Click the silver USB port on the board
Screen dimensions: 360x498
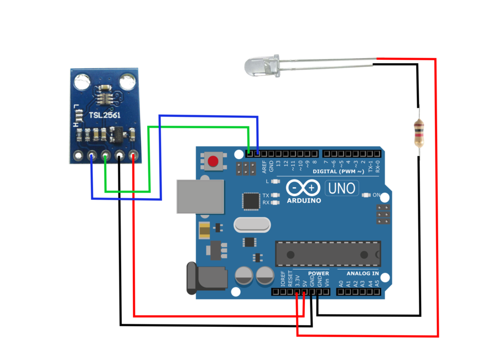pyautogui.click(x=200, y=196)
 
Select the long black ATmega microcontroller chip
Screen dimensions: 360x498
pyautogui.click(x=328, y=254)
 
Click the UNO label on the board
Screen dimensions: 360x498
pyautogui.click(x=342, y=188)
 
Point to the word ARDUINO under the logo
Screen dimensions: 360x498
pyautogui.click(x=304, y=200)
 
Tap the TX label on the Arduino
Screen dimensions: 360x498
pyautogui.click(x=266, y=196)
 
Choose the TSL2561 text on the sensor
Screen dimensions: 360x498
pyautogui.click(x=105, y=115)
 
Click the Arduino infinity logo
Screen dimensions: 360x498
pyautogui.click(x=304, y=187)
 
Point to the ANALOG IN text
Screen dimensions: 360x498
pyautogui.click(x=362, y=274)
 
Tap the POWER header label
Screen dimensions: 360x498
pyautogui.click(x=318, y=274)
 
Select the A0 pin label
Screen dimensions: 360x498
pyautogui.click(x=341, y=283)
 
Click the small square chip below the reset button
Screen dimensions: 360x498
pyautogui.click(x=252, y=200)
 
